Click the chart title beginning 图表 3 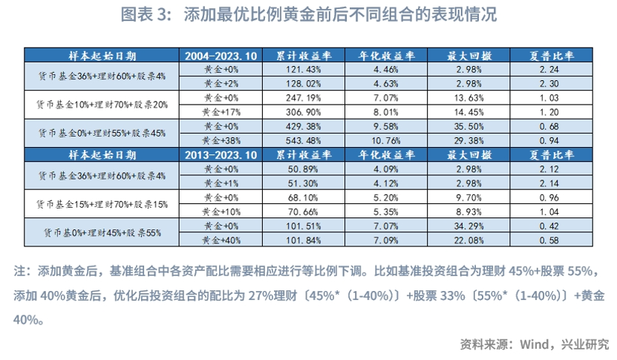click(x=308, y=15)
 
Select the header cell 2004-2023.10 click(x=220, y=56)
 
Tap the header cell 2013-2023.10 click(x=220, y=157)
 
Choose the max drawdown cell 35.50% click(x=466, y=126)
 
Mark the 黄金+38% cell click(x=220, y=140)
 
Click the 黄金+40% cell click(x=220, y=240)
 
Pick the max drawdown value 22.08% click(x=466, y=240)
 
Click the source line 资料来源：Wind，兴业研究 click(x=534, y=344)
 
